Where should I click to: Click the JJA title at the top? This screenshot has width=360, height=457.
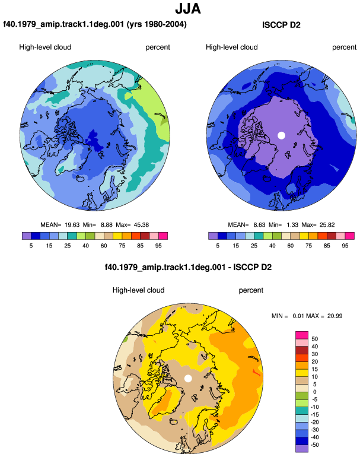(188, 9)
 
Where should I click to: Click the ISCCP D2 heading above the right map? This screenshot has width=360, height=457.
(281, 25)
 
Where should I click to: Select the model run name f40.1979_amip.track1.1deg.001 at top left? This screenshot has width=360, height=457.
(63, 24)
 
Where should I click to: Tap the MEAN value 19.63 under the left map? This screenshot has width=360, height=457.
(72, 225)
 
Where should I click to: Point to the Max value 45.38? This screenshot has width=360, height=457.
(141, 225)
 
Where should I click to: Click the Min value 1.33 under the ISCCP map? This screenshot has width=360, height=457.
(292, 225)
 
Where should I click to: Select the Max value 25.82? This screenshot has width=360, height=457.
(327, 225)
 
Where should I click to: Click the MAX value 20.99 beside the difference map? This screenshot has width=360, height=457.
(334, 316)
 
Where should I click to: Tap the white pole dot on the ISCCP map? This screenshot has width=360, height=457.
(281, 135)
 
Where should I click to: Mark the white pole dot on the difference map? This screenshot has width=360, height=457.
(188, 379)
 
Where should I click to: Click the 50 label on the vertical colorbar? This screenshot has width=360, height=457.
(314, 339)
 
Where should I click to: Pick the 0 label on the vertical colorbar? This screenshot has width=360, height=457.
(314, 392)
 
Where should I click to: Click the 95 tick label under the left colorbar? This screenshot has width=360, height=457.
(158, 246)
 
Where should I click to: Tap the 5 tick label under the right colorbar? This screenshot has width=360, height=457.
(218, 246)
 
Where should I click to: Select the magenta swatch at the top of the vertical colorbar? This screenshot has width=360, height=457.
(302, 335)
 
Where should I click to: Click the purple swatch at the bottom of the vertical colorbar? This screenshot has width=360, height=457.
(302, 449)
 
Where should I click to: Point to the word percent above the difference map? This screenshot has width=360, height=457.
(251, 290)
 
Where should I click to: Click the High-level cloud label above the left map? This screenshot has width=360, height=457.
(45, 47)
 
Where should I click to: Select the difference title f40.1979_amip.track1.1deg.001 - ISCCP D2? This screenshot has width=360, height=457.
(188, 267)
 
